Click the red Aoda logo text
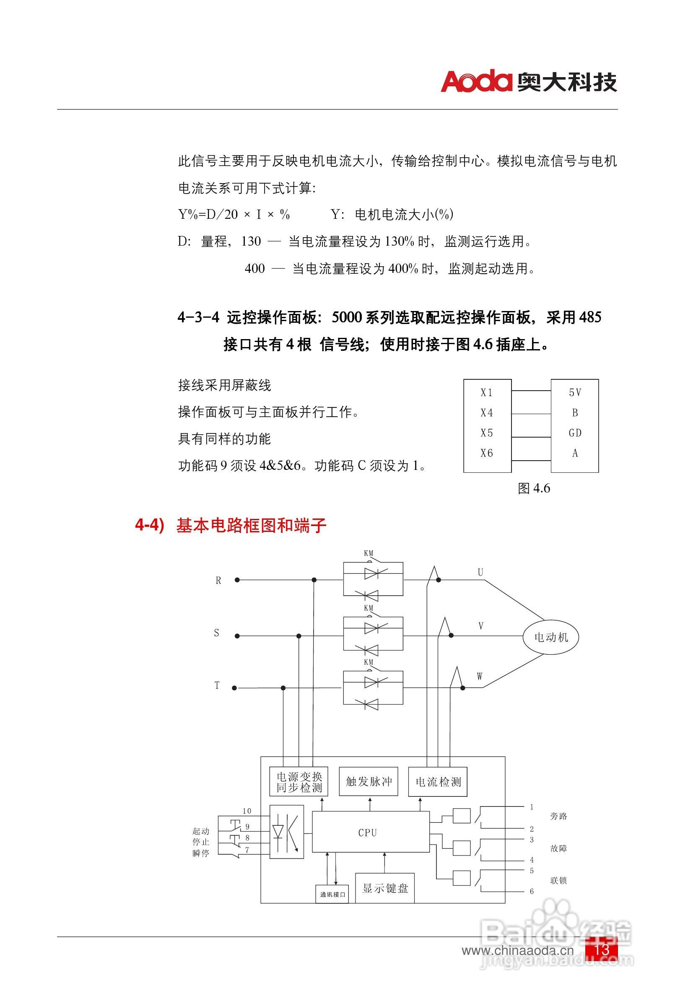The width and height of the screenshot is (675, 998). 476,81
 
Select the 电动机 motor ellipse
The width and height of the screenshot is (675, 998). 550,637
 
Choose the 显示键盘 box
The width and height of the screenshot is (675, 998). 384,888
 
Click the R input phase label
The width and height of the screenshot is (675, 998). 218,581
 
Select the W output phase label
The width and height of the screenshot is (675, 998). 480,677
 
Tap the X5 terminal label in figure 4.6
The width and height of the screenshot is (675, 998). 486,433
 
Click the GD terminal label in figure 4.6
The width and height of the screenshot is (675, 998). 575,433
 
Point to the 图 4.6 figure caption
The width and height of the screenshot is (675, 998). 534,488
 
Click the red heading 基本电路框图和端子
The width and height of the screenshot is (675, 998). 252,526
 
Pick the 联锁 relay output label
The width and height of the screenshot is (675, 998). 558,880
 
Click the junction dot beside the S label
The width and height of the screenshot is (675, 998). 237,635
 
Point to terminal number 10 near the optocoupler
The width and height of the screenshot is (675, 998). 247,811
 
